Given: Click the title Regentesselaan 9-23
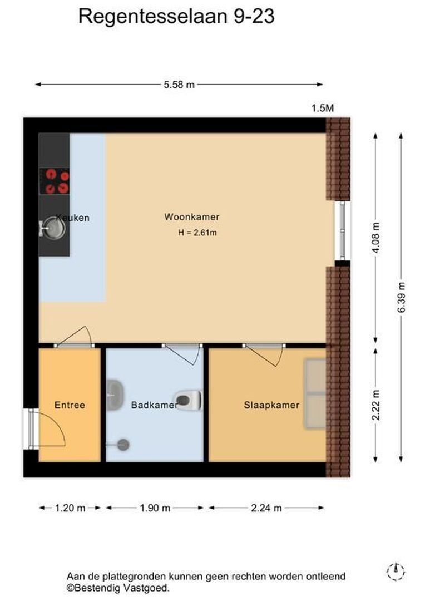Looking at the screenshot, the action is pos(176,17).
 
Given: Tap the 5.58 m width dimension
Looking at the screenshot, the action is pos(179,85).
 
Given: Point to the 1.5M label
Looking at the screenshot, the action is pos(322,108).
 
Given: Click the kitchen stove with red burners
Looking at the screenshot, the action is pos(55,181).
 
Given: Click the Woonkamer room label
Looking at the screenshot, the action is pos(191,217).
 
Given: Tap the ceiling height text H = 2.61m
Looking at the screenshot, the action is pos(197,233).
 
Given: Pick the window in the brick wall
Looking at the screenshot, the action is pos(342,230).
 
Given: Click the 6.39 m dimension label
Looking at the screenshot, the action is pos(401,297).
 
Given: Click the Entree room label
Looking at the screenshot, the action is pos(70,405).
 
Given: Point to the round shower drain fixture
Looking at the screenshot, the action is pos(123,445).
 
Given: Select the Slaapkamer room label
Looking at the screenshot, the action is pos(271,405).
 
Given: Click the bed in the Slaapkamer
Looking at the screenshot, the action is pos(315,393).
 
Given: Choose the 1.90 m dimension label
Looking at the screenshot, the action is pos(155,508).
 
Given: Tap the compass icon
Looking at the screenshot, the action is pos(396,572).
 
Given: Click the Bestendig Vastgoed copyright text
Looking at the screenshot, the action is pos(117,588).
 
